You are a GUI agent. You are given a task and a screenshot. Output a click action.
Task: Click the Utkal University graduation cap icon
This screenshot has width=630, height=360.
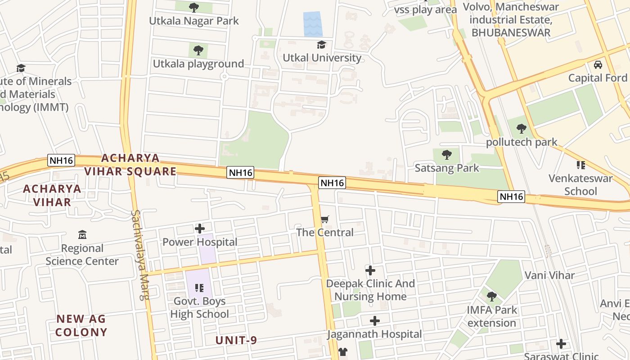pyautogui.click(x=321, y=45)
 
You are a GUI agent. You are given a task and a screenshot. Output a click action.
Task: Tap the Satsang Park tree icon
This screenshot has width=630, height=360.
pyautogui.click(x=447, y=155)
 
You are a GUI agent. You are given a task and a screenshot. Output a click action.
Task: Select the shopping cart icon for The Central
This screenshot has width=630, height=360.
pyautogui.click(x=325, y=220)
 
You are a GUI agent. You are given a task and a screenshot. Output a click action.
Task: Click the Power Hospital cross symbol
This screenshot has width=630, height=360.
pyautogui.click(x=200, y=229)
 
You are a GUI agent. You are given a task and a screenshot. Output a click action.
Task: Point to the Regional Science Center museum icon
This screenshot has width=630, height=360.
pyautogui.click(x=82, y=235)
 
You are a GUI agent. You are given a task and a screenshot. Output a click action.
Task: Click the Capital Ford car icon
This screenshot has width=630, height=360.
pyautogui.click(x=598, y=65)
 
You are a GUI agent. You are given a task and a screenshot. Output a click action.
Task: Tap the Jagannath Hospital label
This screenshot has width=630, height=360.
pyautogui.click(x=374, y=334)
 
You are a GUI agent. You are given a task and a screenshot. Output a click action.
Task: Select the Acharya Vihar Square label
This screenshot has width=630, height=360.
pyautogui.click(x=130, y=165)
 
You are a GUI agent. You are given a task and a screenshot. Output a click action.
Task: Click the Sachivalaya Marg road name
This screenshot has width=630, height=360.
pyautogui.click(x=140, y=255)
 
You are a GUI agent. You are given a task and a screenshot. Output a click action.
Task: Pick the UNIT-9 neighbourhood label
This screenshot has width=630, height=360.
pyautogui.click(x=236, y=340)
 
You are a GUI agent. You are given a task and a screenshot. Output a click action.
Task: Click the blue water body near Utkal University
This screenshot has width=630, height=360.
pyautogui.click(x=312, y=24)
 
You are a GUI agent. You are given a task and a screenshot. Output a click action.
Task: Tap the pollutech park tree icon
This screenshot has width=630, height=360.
pyautogui.click(x=522, y=129)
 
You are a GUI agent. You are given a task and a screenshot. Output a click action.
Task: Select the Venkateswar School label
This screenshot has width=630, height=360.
pyautogui.click(x=580, y=184)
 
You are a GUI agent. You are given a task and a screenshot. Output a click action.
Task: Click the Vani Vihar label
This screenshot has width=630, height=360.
pyautogui.click(x=549, y=275)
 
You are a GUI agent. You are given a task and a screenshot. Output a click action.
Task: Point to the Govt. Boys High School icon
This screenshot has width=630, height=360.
pyautogui.click(x=199, y=288)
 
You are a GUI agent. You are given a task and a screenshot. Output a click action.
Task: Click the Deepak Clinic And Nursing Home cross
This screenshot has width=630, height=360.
pyautogui.click(x=370, y=270)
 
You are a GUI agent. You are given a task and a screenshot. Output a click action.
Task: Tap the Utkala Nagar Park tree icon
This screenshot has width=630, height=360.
pyautogui.click(x=194, y=7)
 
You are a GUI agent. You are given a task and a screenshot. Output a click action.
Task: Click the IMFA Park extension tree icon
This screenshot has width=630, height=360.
pyautogui.click(x=492, y=297)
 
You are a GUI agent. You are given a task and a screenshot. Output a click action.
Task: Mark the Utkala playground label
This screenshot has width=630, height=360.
pyautogui.click(x=198, y=64)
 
